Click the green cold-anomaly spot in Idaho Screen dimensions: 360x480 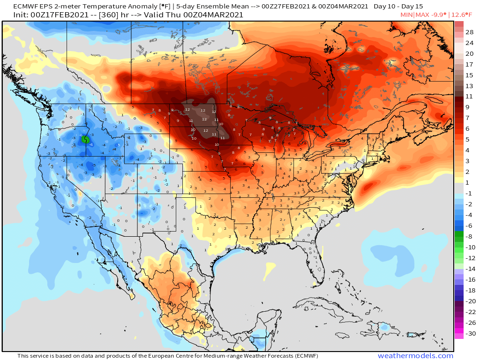85,139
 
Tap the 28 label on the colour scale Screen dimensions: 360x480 470,32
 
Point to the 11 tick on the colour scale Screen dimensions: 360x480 470,96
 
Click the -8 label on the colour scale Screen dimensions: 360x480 471,237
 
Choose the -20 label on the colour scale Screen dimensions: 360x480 471,301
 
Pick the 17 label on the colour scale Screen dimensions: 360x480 470,64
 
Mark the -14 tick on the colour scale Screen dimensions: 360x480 471,269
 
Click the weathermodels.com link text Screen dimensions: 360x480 415,356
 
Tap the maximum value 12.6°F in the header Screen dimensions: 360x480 463,15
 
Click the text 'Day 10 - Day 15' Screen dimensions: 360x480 398,7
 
